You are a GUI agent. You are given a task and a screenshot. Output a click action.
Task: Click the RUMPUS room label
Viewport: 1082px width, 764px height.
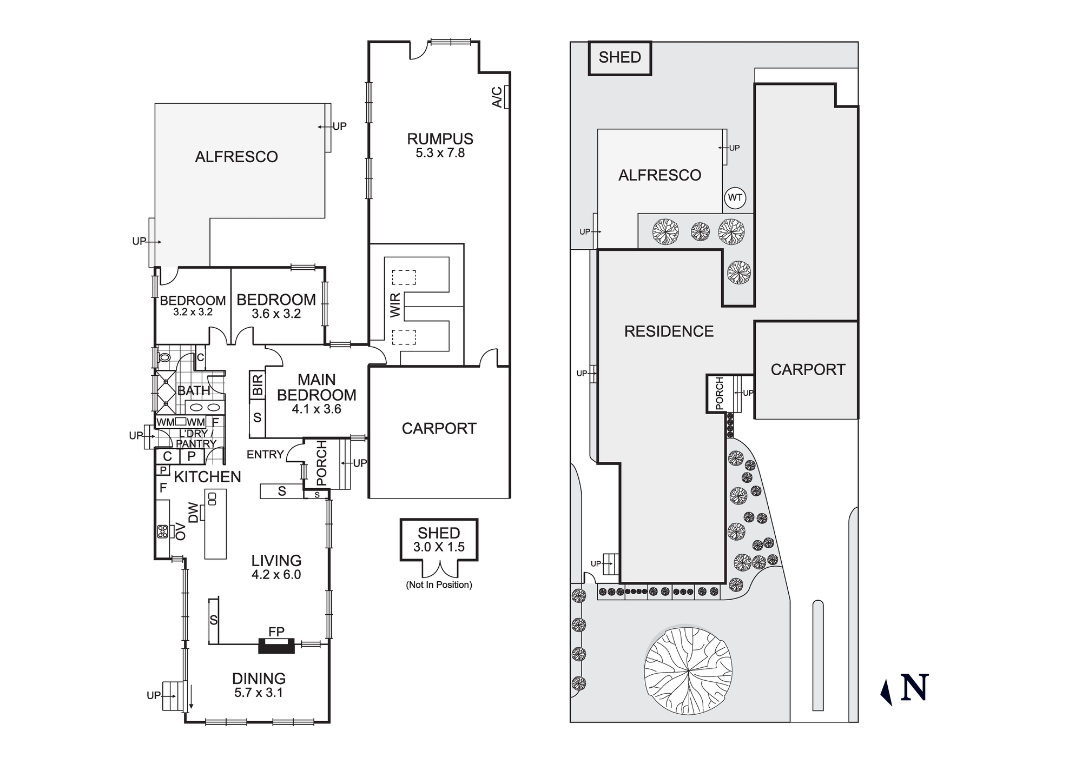click(440, 139)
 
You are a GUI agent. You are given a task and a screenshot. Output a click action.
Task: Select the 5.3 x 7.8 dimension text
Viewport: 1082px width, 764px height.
click(440, 153)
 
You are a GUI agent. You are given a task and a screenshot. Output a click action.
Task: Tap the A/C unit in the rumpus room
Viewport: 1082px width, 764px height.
click(506, 97)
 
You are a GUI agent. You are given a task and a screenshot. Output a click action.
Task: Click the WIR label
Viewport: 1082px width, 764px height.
click(395, 305)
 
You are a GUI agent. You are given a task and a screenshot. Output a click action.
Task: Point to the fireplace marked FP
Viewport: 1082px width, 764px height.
click(276, 646)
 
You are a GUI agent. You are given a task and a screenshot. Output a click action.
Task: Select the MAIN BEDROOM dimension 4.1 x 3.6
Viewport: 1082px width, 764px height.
click(316, 409)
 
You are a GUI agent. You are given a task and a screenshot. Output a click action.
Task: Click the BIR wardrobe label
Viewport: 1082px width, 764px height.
click(258, 384)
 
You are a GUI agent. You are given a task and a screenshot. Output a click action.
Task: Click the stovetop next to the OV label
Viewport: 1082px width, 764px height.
click(162, 532)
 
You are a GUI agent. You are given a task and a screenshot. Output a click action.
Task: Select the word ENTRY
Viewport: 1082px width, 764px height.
click(265, 455)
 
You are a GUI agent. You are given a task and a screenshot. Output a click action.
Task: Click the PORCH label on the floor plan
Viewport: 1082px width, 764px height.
click(321, 463)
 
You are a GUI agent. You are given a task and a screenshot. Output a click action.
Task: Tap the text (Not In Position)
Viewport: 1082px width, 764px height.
click(439, 584)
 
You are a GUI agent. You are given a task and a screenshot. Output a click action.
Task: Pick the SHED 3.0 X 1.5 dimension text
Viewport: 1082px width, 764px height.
click(439, 547)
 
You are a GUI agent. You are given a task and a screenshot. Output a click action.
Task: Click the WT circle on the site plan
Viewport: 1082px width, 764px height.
click(735, 198)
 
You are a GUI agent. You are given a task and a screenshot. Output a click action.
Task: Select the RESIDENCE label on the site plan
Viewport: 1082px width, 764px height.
click(669, 331)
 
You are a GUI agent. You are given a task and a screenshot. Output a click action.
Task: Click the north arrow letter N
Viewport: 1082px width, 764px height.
click(914, 688)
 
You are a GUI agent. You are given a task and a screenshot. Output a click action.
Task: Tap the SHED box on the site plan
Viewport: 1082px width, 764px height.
click(619, 57)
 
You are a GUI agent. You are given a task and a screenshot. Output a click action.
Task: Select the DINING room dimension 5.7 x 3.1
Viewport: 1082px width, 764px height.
click(259, 693)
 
